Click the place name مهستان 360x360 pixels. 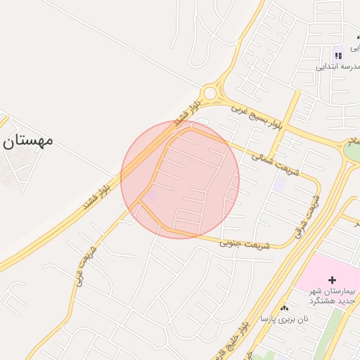[28, 140]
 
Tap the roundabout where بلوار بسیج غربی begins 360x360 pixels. [210, 94]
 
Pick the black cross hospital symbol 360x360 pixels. [332, 280]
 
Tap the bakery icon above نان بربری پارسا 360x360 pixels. [284, 308]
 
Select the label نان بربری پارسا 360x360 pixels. [284, 319]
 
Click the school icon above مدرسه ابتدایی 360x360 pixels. [338, 55]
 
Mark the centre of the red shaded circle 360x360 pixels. [180, 180]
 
